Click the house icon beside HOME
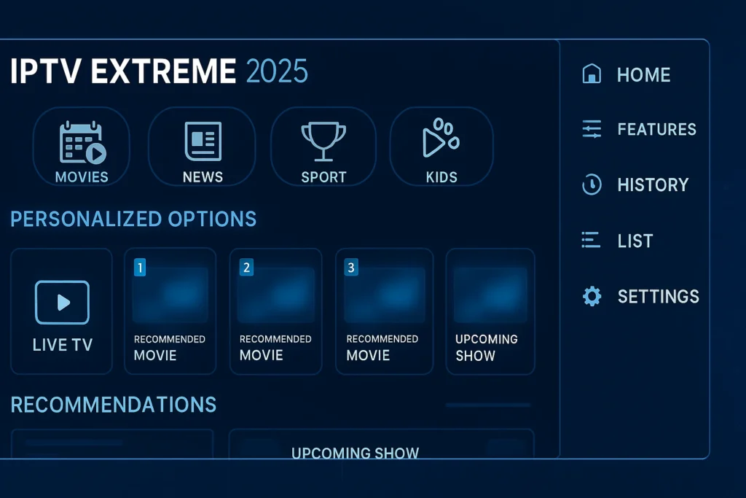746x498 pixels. click(x=592, y=74)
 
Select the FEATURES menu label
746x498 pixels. click(x=656, y=130)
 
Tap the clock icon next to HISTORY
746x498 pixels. click(x=592, y=185)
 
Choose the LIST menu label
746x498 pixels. click(x=635, y=241)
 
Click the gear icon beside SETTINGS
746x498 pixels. click(x=592, y=296)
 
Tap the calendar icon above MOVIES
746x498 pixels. click(x=82, y=142)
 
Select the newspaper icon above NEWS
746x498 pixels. click(x=203, y=141)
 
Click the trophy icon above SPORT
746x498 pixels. click(x=322, y=140)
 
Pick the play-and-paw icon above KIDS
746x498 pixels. click(x=441, y=139)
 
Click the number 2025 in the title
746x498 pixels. click(x=277, y=71)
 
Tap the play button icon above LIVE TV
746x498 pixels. click(x=62, y=302)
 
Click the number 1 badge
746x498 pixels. click(x=141, y=268)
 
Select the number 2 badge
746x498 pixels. click(x=246, y=268)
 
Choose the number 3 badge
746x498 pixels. click(x=351, y=268)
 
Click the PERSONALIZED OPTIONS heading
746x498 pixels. click(x=133, y=219)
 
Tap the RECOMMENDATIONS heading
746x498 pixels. click(x=114, y=405)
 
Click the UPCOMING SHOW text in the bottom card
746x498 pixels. click(x=355, y=453)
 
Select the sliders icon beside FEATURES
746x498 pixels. click(x=592, y=130)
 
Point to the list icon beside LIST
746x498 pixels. click(x=591, y=241)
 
